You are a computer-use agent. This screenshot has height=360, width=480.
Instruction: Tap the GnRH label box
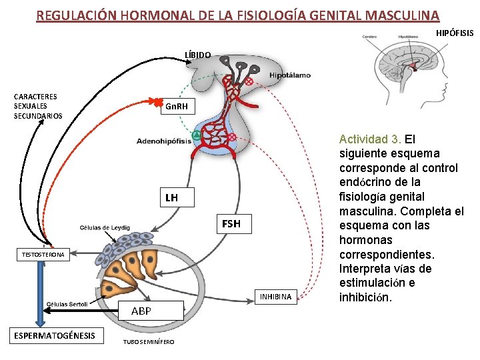pos(177,107)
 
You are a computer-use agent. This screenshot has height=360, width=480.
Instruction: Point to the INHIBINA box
pos(275,297)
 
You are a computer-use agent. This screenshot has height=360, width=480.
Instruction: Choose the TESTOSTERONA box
pos(43,255)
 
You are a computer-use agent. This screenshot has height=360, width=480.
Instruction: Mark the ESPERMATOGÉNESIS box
pos(55,335)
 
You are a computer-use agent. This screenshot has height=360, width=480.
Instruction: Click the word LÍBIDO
pos(198,54)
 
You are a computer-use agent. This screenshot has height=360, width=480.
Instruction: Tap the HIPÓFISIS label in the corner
pos(455,33)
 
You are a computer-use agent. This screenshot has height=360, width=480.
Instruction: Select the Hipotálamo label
pos(290,75)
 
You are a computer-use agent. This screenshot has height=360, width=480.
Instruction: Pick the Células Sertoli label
pos(67,304)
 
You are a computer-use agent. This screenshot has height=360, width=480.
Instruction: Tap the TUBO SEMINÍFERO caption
pos(149,343)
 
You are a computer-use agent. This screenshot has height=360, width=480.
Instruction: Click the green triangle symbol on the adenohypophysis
pos(196,136)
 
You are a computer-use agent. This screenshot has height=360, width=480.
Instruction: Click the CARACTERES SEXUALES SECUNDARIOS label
pos(38,107)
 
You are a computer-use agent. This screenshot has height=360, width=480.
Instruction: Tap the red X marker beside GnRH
pos(157,102)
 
